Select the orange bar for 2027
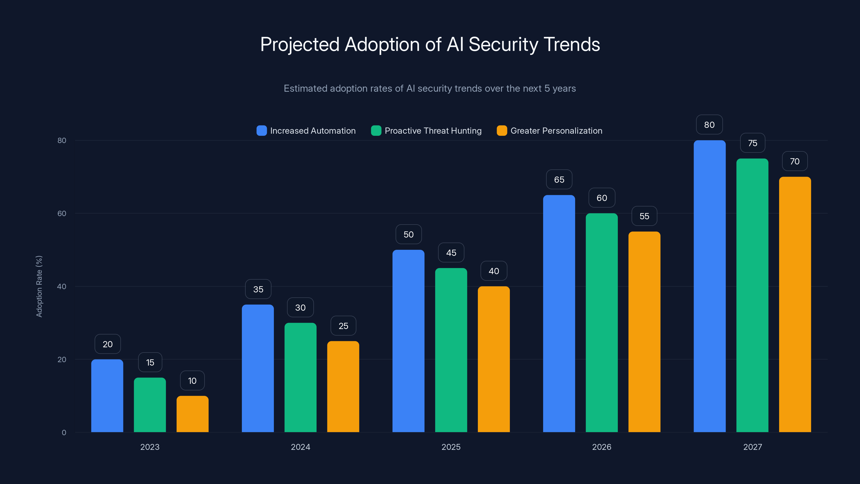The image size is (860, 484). click(795, 304)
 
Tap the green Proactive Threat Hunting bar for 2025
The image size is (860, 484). click(451, 350)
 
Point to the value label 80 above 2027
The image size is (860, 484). click(709, 124)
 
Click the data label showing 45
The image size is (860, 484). click(451, 252)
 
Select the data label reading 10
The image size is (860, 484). click(192, 380)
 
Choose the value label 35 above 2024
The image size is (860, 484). click(258, 289)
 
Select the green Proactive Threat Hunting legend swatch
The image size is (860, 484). click(376, 131)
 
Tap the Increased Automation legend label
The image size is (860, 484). click(313, 131)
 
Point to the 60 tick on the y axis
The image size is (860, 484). click(62, 213)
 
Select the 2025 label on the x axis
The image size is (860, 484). click(451, 447)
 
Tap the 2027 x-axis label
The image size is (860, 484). click(752, 447)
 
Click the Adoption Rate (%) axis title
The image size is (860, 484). click(39, 286)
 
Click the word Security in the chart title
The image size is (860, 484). click(503, 44)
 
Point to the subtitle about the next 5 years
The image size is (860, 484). click(430, 88)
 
